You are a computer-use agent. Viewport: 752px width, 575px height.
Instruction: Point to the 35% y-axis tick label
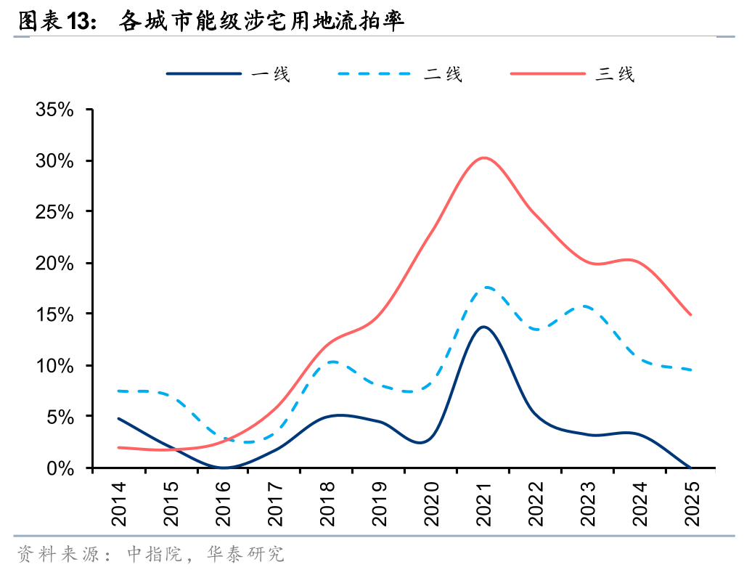[55, 110]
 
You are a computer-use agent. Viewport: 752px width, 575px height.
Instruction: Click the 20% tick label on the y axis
[55, 263]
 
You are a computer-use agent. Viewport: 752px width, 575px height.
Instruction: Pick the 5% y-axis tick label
[61, 417]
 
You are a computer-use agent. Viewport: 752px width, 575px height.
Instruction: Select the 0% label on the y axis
[61, 468]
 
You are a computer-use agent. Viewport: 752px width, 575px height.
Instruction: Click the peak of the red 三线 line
[484, 158]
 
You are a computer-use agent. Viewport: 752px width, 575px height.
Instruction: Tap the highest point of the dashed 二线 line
[486, 287]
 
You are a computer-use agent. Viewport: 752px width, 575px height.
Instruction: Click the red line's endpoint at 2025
[690, 315]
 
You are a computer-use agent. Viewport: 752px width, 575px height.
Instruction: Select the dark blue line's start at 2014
[118, 418]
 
